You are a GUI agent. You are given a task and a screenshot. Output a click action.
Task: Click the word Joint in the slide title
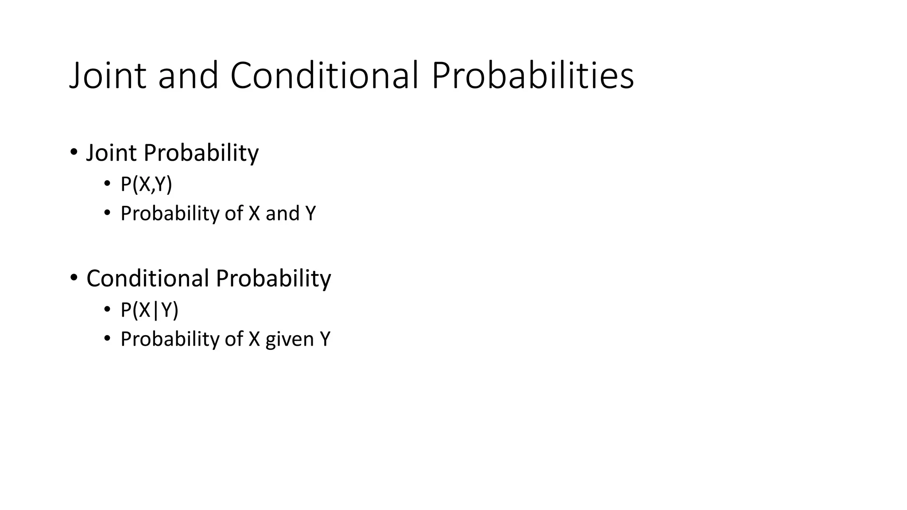click(108, 76)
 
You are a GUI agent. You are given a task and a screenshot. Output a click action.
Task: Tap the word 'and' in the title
click(188, 76)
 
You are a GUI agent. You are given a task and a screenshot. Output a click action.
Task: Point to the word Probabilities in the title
click(532, 76)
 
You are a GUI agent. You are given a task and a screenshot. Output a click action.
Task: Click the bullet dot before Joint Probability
click(74, 152)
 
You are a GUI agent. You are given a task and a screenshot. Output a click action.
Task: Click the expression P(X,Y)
click(146, 184)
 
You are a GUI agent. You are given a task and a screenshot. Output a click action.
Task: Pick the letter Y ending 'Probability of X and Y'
click(310, 213)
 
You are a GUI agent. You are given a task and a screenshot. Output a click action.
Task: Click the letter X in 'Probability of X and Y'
click(254, 213)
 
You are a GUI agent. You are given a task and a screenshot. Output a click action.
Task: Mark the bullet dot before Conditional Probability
click(74, 278)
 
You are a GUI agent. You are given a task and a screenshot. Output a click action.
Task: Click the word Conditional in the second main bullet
click(147, 278)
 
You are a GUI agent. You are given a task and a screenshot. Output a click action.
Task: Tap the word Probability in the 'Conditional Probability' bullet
click(273, 278)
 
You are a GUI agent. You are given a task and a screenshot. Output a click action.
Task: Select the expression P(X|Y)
click(149, 310)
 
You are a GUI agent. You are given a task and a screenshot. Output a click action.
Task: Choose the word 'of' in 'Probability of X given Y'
click(233, 339)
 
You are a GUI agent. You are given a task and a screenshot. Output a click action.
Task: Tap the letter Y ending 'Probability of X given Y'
click(325, 339)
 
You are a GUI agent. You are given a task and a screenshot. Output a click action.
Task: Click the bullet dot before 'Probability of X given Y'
click(107, 338)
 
